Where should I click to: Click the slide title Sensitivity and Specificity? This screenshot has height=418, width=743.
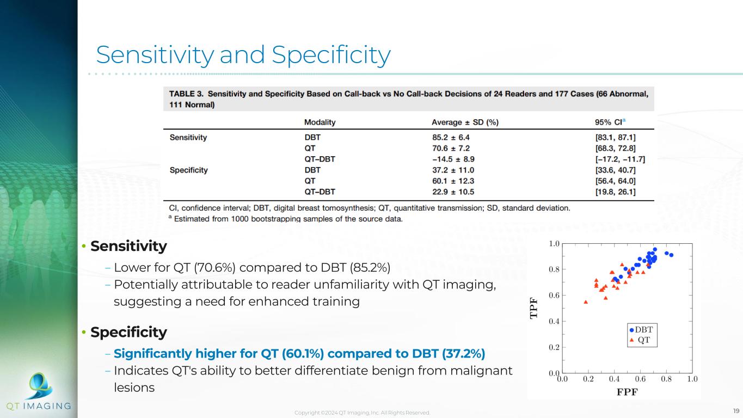[x=243, y=54]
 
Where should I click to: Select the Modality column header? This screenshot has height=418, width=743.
[x=320, y=122]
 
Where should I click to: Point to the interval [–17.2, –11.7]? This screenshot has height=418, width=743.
[x=612, y=159]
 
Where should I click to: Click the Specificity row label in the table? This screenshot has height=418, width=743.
[x=189, y=170]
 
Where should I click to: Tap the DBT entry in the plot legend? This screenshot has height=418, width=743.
[x=643, y=329]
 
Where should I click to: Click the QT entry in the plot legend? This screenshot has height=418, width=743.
[x=643, y=340]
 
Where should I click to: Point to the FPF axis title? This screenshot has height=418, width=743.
[x=627, y=391]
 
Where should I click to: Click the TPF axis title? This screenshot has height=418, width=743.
[x=534, y=308]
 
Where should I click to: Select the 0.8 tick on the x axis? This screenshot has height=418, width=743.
[x=666, y=379]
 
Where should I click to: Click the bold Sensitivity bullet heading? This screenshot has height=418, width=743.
[x=128, y=247]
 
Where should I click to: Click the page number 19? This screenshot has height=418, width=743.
[x=736, y=411]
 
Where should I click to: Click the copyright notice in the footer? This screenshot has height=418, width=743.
[x=362, y=413]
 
